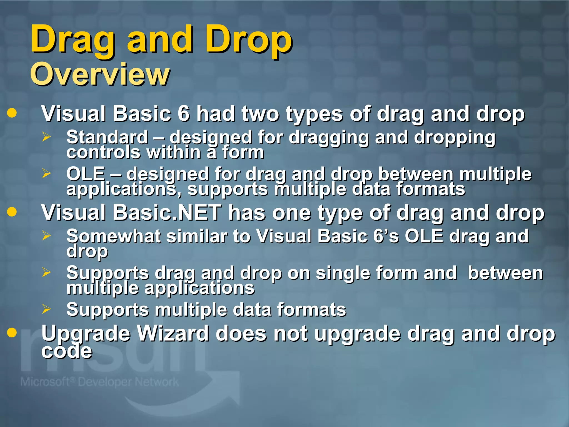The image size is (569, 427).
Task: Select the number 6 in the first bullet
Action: point(184,114)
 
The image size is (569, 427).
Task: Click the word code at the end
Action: point(67,351)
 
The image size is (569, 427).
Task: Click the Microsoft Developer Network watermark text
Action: point(99,382)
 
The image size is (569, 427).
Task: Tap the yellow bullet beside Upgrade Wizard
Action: point(12,332)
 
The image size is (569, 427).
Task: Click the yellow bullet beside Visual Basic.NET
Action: point(12,212)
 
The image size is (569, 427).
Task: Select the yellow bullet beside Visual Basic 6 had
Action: point(12,113)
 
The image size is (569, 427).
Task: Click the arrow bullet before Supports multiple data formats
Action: point(46,309)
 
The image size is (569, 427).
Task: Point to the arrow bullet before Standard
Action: point(46,137)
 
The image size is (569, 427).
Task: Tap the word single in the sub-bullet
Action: point(343,273)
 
